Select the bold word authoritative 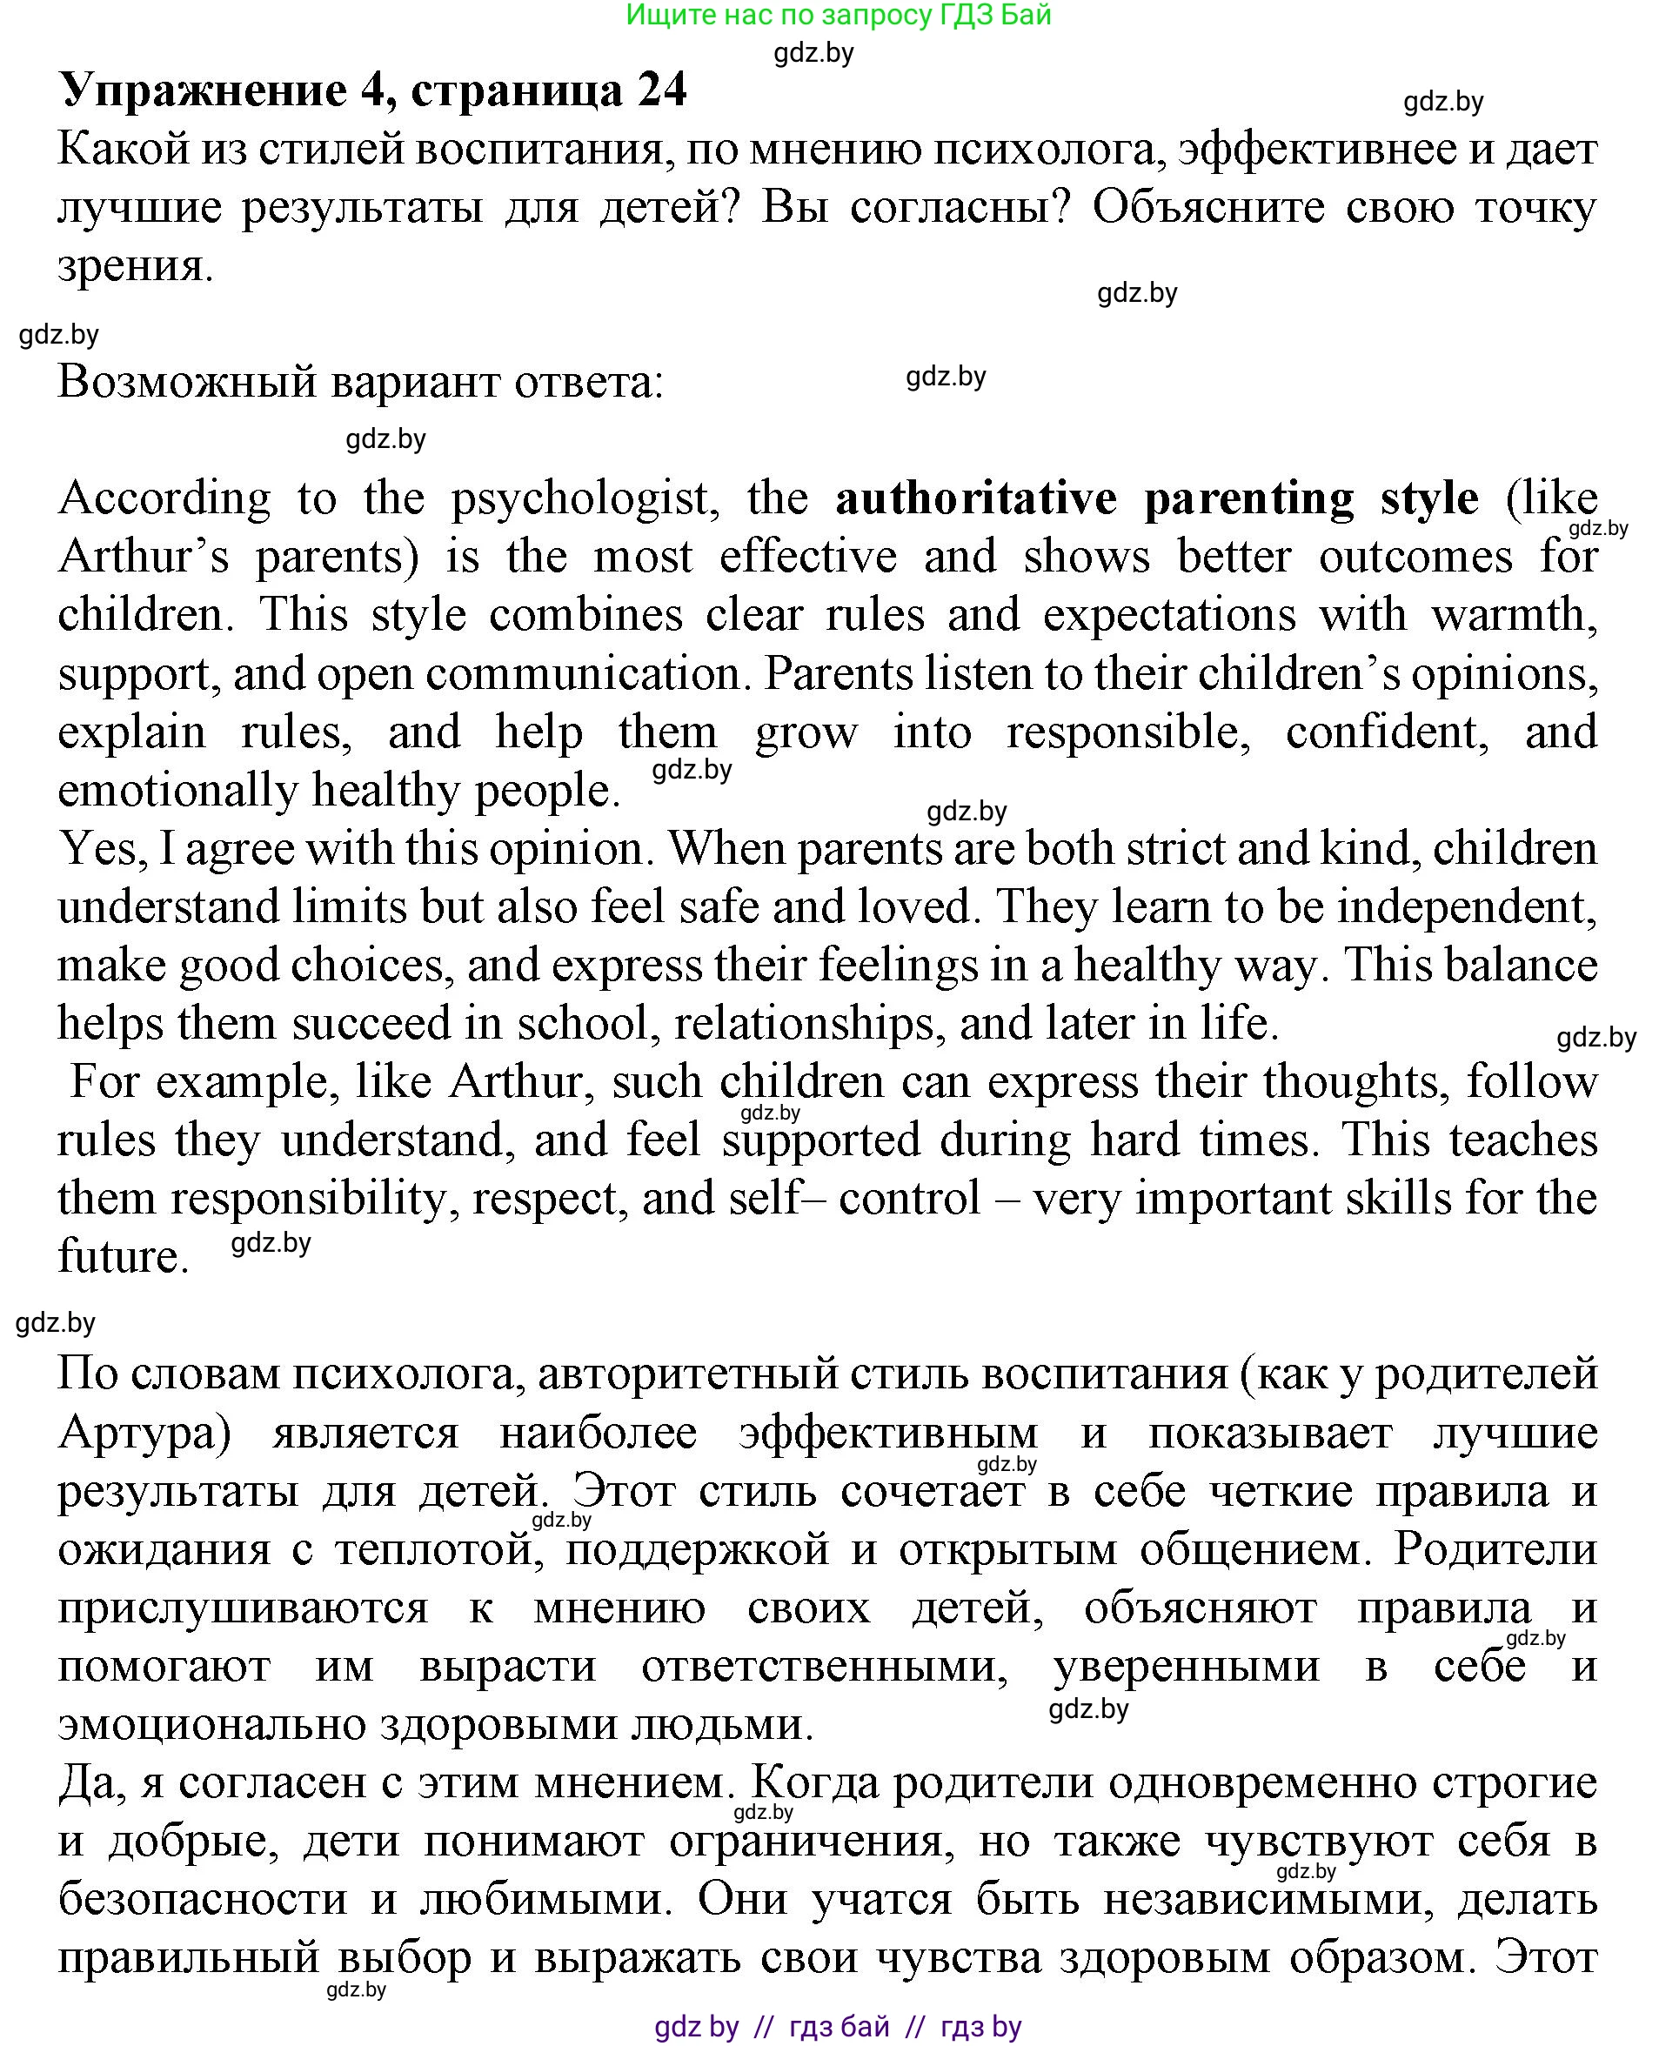(976, 499)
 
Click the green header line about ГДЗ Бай (838, 15)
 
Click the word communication (583, 674)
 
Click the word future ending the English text (121, 1257)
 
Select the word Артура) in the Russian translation (144, 1433)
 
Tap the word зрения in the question (133, 265)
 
